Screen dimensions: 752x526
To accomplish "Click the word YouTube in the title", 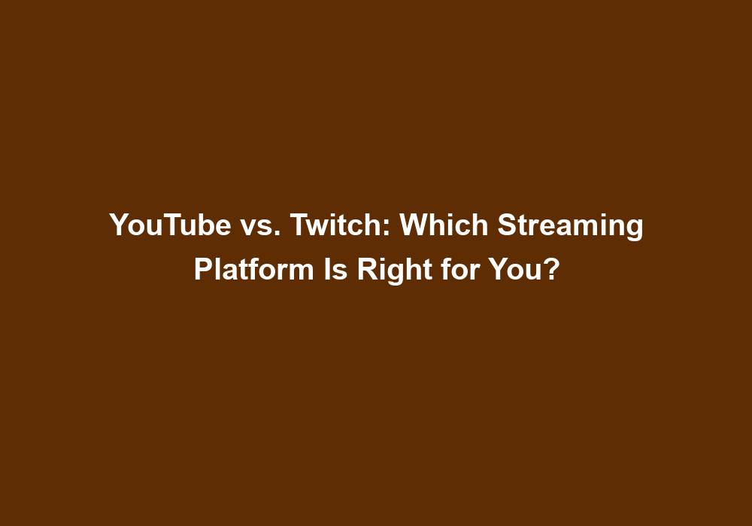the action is point(170,224).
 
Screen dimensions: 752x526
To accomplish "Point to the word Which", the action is point(444,224).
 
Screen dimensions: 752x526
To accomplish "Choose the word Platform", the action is point(253,269).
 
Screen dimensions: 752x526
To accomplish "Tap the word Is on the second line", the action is point(335,269).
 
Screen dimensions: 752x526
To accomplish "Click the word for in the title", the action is point(460,269).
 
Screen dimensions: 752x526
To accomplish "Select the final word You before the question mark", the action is point(516,269).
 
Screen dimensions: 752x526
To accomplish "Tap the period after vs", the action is point(278,233).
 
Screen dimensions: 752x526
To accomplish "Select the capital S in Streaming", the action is point(508,224).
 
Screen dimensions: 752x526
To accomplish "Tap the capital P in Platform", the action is point(204,269).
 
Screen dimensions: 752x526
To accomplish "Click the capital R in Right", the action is point(368,269).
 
